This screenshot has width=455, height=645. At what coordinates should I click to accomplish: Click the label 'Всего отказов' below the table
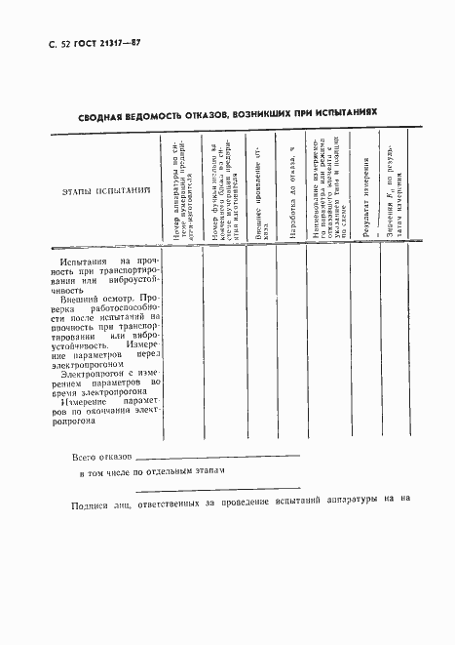(x=101, y=457)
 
